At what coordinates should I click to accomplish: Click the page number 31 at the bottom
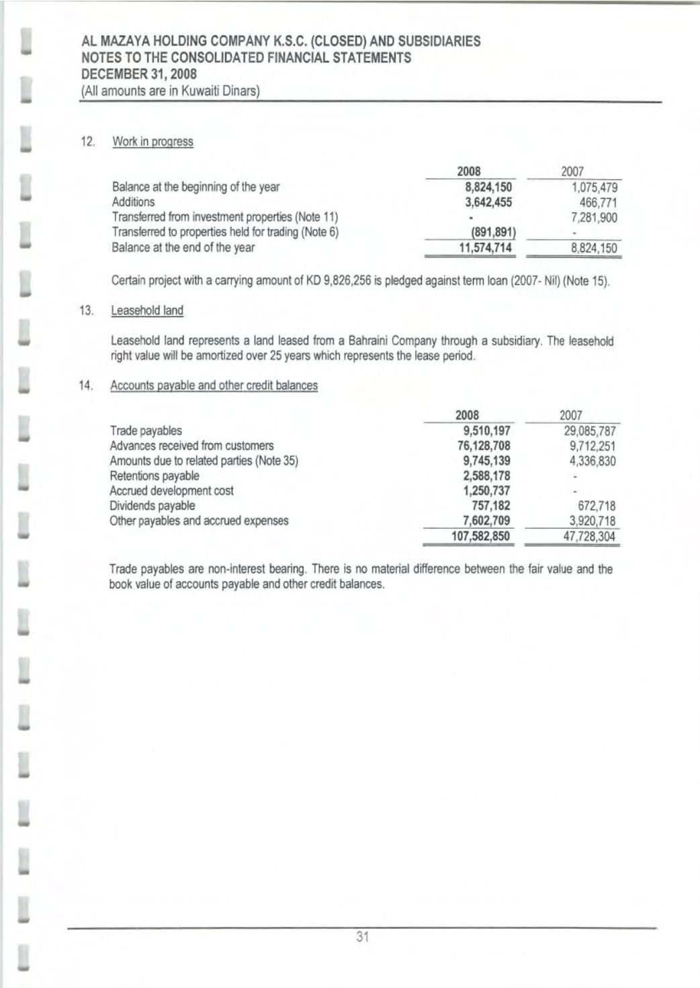click(363, 937)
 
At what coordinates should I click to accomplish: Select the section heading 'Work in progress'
click(152, 142)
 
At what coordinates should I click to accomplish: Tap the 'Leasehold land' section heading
click(146, 310)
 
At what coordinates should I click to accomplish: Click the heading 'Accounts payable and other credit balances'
click(214, 386)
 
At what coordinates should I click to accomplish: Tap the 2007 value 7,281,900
click(593, 218)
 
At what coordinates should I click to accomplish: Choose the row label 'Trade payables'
click(146, 431)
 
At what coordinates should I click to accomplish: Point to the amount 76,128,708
click(483, 445)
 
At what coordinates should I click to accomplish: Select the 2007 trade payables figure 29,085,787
click(590, 431)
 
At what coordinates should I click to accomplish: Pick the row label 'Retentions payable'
click(155, 476)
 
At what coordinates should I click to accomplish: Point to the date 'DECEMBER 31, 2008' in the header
click(139, 74)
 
